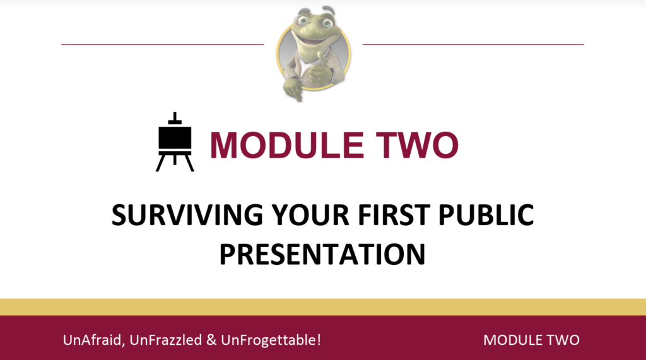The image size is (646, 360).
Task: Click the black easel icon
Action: coord(175,142)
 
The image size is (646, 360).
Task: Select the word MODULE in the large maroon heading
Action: coord(287,145)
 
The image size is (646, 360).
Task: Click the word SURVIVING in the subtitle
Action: coord(187,214)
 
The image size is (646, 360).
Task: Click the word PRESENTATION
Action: coord(322,253)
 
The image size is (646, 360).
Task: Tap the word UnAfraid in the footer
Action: coord(94,340)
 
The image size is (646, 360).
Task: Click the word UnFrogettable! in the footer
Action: coord(271,340)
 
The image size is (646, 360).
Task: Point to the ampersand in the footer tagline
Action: coord(211,340)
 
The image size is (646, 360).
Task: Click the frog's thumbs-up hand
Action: coord(319,70)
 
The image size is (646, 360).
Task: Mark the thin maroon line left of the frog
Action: coord(162,44)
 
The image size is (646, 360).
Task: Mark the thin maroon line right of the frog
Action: coord(473,44)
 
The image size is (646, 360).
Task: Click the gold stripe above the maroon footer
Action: coord(323,307)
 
